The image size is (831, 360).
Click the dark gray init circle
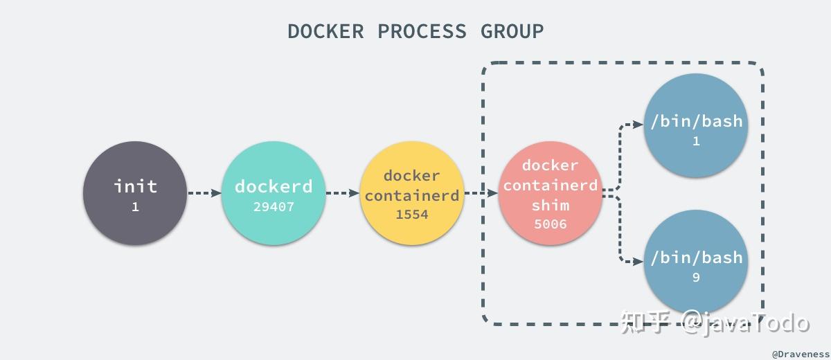135,193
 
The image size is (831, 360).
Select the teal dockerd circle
274,193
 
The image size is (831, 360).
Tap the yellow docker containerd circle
411,193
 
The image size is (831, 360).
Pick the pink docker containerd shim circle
551,193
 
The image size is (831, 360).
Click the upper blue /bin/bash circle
696,125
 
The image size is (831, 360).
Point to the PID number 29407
274,206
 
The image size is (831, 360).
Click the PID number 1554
412,215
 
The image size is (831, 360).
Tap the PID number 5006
551,224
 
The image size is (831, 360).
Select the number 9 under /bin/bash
696,278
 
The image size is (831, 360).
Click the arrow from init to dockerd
204,193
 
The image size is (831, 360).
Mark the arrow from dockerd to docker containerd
342,193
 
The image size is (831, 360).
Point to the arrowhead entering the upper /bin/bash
638,125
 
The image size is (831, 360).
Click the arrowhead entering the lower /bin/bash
638,262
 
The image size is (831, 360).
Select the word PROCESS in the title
422,31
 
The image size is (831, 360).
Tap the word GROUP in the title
512,31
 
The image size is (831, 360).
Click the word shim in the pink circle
551,206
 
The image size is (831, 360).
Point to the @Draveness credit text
800,354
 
